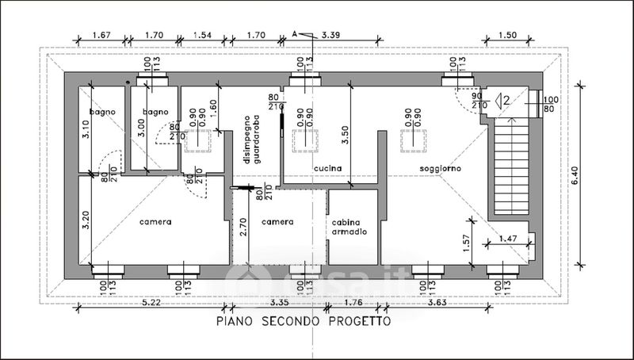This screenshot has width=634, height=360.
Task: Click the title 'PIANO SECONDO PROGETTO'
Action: pyautogui.click(x=304, y=323)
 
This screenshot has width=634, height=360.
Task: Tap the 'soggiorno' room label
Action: pyautogui.click(x=441, y=170)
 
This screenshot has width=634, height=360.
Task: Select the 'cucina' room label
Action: pyautogui.click(x=327, y=169)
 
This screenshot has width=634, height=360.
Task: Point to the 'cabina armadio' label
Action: pyautogui.click(x=349, y=226)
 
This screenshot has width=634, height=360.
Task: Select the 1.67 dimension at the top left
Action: pyautogui.click(x=101, y=35)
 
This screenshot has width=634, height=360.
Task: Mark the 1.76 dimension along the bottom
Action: pyautogui.click(x=353, y=303)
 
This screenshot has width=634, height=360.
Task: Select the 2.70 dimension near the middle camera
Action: pyautogui.click(x=243, y=231)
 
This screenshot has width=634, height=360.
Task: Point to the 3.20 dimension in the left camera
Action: pyautogui.click(x=86, y=220)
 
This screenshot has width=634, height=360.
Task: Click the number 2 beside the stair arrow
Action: pyautogui.click(x=505, y=101)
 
